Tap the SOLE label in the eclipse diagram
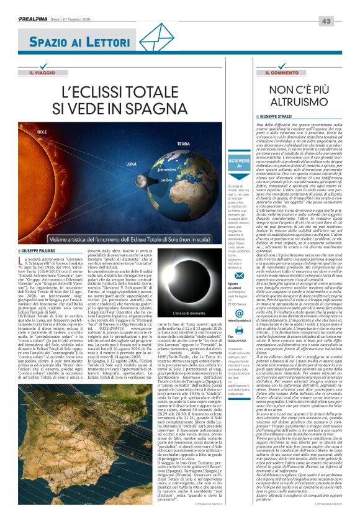click(42, 132)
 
